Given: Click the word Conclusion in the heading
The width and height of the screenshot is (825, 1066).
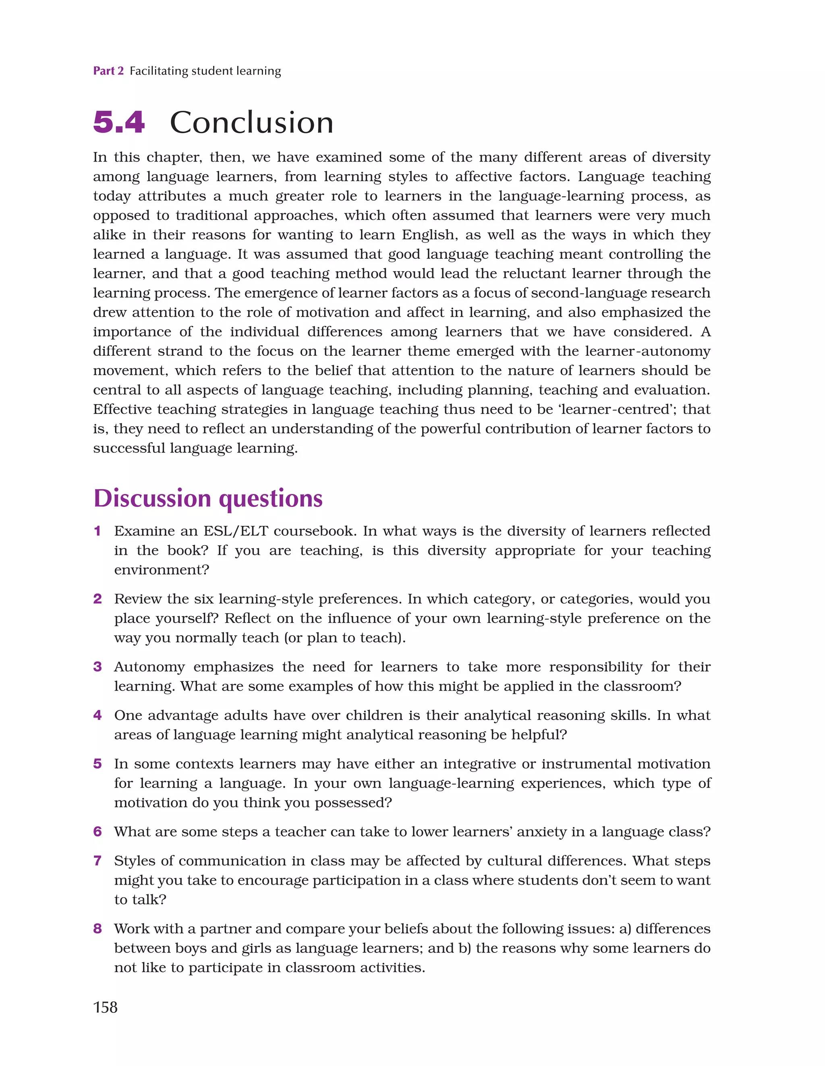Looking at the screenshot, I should [251, 122].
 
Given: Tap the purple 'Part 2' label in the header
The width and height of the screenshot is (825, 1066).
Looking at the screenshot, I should [108, 71].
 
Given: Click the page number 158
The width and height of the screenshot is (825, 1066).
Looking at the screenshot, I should [106, 1007].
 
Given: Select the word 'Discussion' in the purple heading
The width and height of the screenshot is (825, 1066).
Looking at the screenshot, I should [153, 498].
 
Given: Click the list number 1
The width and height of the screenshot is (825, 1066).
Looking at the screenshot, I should [97, 531].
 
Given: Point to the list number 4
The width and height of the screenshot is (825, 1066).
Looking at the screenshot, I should [97, 715].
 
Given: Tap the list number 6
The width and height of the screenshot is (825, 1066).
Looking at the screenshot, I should [97, 832].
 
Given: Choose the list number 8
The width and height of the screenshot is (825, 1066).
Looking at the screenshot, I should [97, 928].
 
